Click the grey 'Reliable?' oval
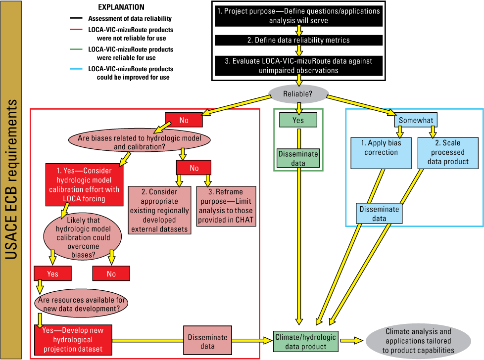coord(298,94)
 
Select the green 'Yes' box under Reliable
coord(298,120)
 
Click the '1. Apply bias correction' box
coord(381,148)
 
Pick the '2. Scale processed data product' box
coord(449,152)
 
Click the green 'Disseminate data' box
coord(298,158)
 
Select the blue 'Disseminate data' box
coord(379,214)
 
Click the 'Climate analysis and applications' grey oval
coord(418,341)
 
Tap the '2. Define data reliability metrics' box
coord(298,40)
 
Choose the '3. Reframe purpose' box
coord(227,206)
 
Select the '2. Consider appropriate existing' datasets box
coord(160,210)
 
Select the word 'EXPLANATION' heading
coord(121,7)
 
